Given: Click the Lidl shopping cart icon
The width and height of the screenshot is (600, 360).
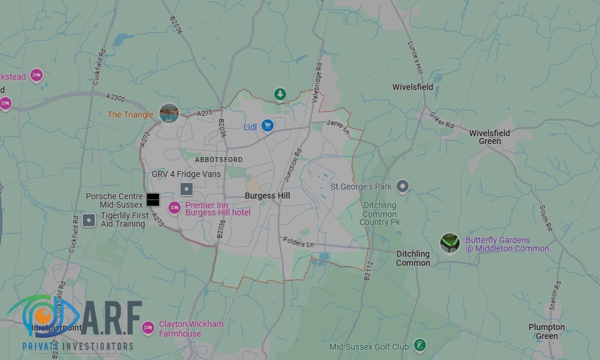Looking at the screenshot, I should [268, 126].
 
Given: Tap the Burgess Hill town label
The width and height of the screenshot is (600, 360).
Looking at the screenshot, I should [268, 196].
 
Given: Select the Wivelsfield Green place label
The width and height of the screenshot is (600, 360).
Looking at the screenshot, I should [490, 137].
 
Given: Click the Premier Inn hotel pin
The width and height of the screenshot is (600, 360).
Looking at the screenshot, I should [175, 208].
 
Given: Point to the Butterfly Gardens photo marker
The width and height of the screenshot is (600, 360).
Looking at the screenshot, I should [449, 244].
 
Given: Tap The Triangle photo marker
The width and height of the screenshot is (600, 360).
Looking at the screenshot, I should [169, 113].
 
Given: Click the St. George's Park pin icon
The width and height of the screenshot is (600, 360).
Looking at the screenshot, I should [403, 187].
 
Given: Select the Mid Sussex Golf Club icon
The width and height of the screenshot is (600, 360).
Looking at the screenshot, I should [421, 346].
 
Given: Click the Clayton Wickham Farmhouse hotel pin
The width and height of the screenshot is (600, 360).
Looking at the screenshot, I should [148, 328].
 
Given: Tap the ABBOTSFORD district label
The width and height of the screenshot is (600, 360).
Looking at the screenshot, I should [219, 160].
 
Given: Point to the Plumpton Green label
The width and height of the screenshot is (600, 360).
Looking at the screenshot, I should [547, 331].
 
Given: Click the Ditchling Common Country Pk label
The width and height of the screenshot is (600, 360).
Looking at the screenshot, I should [380, 214].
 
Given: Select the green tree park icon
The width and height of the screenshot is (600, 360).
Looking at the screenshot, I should [280, 94].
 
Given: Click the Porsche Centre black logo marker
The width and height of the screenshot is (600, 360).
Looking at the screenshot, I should [153, 199].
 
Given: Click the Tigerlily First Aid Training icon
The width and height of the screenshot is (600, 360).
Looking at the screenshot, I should [89, 220].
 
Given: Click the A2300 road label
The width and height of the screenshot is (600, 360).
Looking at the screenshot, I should [116, 98].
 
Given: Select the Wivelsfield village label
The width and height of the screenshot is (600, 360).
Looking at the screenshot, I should [413, 87].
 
